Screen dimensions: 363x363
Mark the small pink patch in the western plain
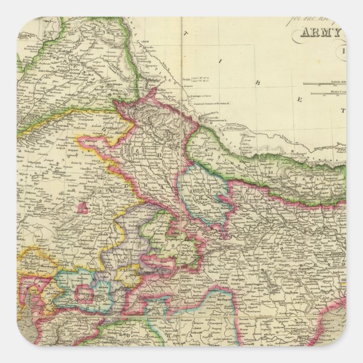(83, 207)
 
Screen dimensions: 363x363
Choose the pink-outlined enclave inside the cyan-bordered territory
(85, 293)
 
